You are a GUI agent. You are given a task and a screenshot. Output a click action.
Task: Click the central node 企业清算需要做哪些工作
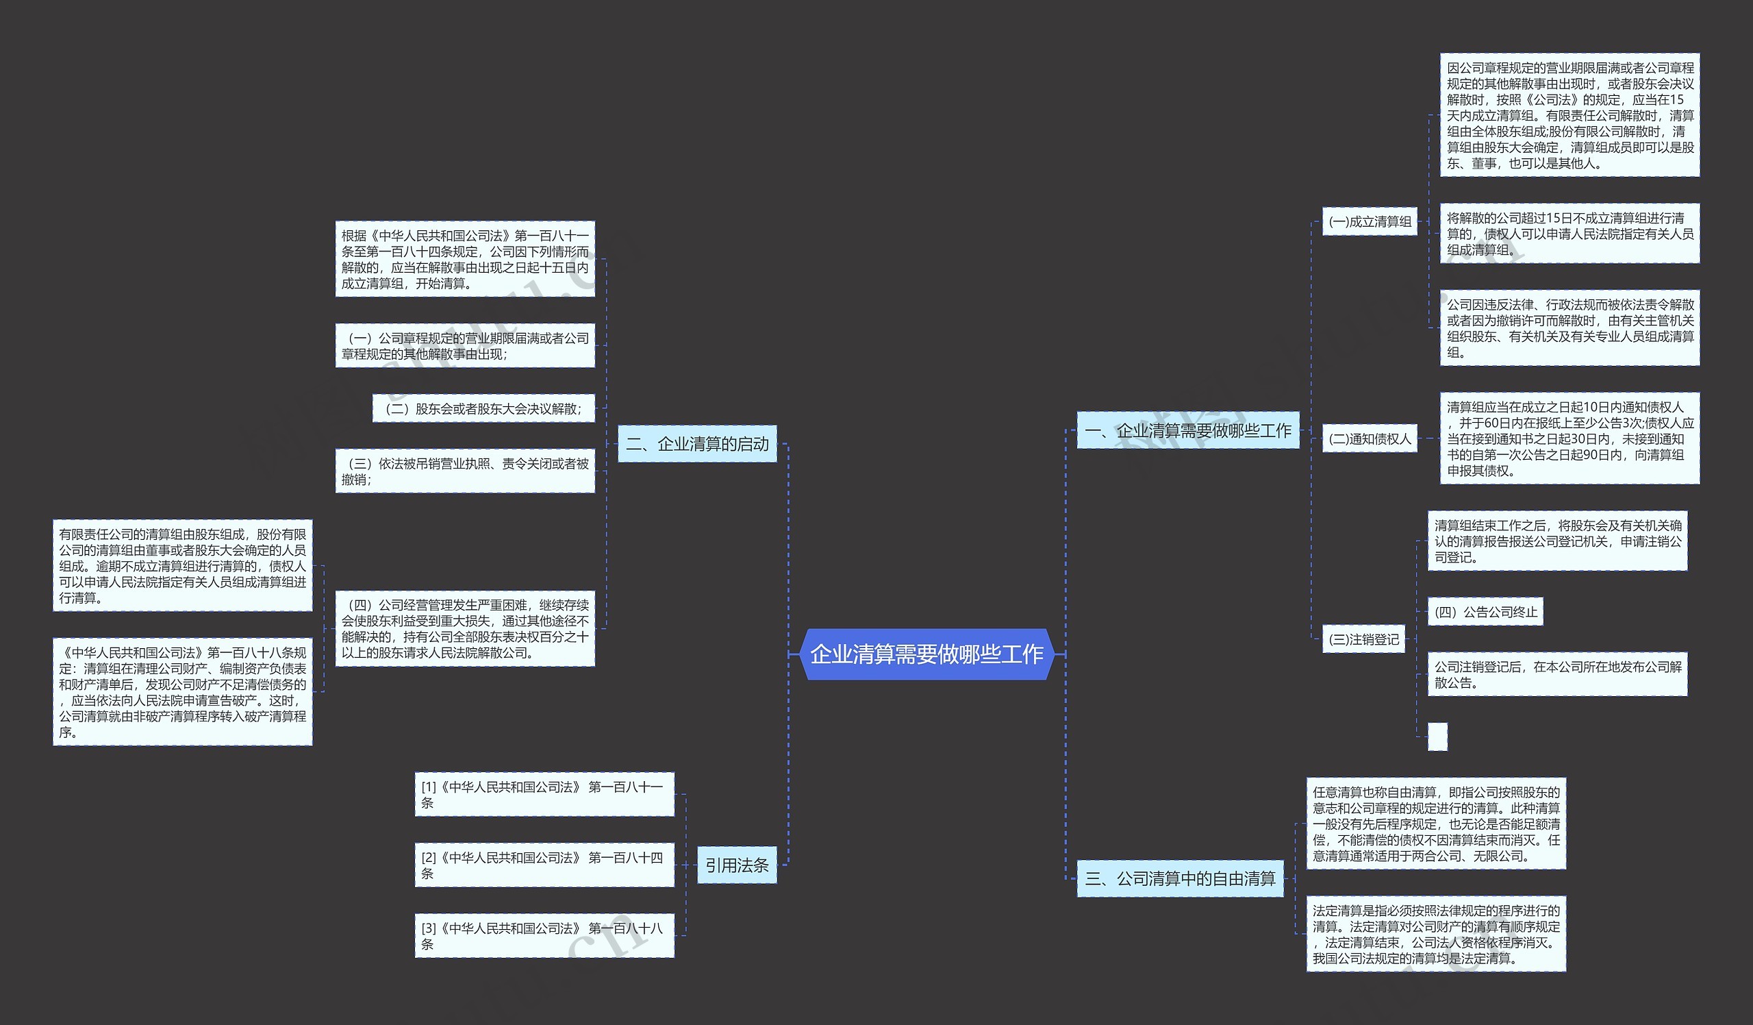tap(926, 654)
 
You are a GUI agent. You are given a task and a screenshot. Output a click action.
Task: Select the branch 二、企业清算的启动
tap(697, 444)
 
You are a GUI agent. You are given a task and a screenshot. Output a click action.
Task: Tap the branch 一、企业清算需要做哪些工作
tap(1187, 431)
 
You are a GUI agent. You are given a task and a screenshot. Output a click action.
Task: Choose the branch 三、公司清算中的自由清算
tap(1180, 879)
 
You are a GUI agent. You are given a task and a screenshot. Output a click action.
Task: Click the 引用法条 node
tap(737, 865)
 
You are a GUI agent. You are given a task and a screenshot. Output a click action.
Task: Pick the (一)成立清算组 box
tap(1369, 222)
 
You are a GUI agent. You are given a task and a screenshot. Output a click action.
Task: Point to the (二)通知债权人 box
tap(1369, 439)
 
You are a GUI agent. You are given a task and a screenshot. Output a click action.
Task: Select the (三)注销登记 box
tap(1363, 639)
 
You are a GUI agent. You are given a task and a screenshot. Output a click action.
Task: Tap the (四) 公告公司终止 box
tap(1485, 613)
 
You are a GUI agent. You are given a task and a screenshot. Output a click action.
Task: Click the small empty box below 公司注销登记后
tap(1437, 737)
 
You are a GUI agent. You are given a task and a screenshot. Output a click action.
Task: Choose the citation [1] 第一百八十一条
tap(544, 795)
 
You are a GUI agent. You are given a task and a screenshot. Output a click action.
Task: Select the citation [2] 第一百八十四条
tap(544, 865)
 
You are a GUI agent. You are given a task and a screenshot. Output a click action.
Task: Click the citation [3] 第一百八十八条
tap(544, 936)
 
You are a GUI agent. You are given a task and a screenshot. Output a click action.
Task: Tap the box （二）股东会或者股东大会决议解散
tap(483, 408)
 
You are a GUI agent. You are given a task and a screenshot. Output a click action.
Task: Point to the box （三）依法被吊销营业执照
tap(465, 471)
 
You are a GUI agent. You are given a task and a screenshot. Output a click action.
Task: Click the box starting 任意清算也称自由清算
tap(1436, 824)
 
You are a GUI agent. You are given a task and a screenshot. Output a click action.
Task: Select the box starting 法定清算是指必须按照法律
tap(1436, 934)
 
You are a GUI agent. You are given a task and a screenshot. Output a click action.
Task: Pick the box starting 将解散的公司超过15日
tap(1569, 234)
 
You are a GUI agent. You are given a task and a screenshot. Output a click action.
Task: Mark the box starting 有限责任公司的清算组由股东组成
tap(182, 566)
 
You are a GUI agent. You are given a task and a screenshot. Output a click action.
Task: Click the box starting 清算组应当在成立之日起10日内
tap(1569, 439)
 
